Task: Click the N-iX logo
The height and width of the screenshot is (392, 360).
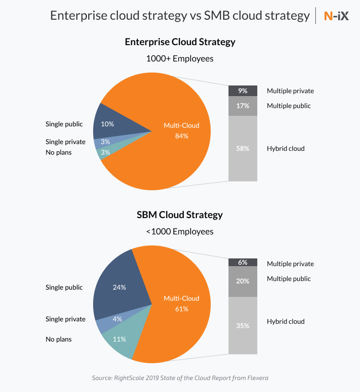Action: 336,15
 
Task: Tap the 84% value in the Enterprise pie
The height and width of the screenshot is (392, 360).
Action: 181,136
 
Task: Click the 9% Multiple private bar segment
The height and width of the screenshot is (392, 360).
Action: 243,90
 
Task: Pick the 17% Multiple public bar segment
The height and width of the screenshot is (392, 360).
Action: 243,106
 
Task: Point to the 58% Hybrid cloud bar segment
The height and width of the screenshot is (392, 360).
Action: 243,148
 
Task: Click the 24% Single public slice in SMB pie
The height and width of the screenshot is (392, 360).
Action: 120,287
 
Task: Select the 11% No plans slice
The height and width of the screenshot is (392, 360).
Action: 120,339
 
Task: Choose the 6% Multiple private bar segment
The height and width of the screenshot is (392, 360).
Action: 243,262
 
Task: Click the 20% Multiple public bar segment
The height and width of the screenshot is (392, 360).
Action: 243,281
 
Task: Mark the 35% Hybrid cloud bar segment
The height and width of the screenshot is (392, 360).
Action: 243,325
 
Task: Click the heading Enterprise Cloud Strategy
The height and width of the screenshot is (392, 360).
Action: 180,42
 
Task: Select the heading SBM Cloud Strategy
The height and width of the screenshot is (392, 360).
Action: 180,214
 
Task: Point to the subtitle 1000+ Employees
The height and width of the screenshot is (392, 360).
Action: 180,59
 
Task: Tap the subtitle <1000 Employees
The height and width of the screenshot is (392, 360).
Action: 180,231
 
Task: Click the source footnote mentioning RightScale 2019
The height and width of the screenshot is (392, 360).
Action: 180,378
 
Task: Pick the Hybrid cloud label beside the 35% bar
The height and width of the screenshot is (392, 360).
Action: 286,321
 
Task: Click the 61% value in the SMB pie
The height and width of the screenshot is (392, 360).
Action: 181,309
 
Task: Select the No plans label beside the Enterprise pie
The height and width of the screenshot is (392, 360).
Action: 59,153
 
